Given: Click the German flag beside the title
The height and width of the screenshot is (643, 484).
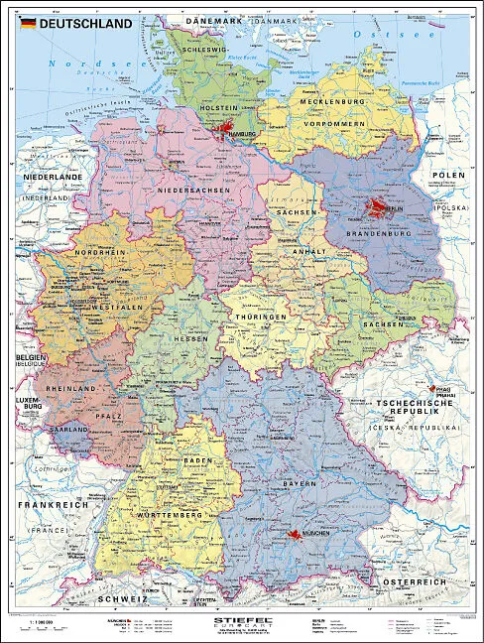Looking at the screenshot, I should tap(26, 23).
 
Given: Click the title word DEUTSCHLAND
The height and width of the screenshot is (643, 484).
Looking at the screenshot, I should tap(85, 23).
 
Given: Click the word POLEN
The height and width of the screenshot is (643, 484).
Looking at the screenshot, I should tap(447, 175).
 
